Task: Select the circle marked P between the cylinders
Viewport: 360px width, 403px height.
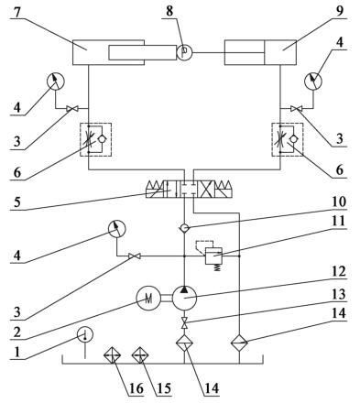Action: click(x=182, y=50)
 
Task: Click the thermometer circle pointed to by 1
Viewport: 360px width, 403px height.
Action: click(x=85, y=337)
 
